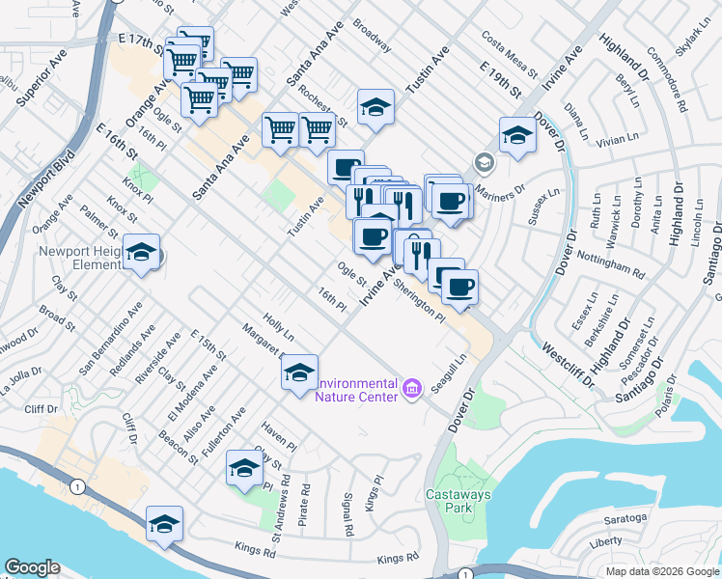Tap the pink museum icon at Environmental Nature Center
click(x=412, y=388)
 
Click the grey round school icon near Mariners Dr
click(x=483, y=162)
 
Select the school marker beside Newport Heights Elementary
click(x=143, y=254)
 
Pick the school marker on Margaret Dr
click(x=300, y=372)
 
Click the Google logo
click(x=32, y=567)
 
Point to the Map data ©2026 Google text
click(x=661, y=571)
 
